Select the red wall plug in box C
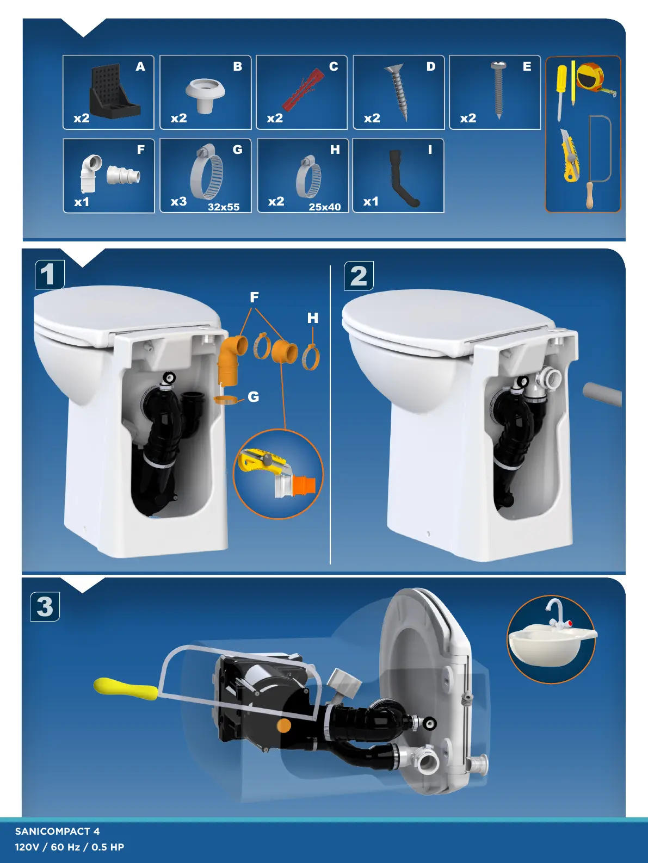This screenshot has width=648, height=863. coord(300,90)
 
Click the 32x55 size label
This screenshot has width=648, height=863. coord(223,207)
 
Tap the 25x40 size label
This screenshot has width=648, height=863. coord(324,207)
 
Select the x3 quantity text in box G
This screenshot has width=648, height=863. coord(178,201)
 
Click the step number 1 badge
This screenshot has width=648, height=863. coord(50,275)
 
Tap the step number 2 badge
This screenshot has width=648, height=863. coord(359,276)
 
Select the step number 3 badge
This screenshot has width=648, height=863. coord(45,607)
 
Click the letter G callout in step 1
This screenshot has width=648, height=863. coord(253,397)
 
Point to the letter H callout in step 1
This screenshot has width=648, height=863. coord(313,318)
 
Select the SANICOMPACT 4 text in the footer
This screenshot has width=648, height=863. coord(58,831)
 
